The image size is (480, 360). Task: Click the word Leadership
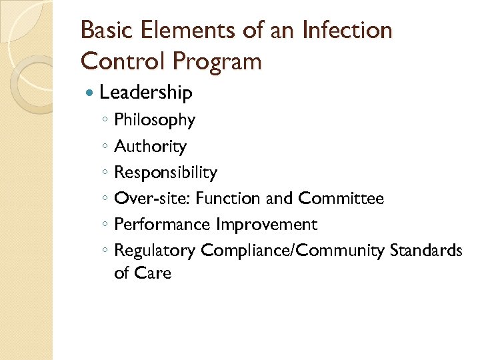click(146, 93)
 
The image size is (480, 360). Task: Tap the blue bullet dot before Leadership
click(91, 93)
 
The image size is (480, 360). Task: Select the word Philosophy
click(155, 121)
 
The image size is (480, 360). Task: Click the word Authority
click(150, 147)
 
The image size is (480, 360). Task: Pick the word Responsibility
click(165, 173)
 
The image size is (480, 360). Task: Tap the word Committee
click(341, 199)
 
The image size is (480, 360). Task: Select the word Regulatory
click(155, 251)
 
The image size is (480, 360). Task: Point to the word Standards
click(426, 251)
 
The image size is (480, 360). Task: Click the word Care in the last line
click(153, 273)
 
